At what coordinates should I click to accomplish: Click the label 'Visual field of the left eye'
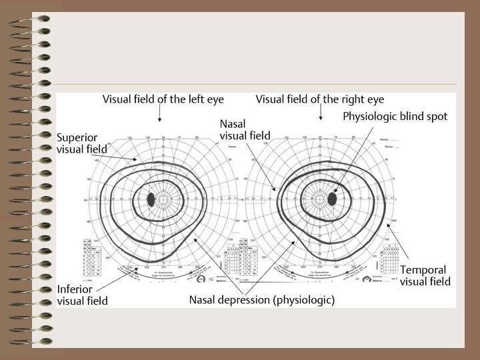(163, 99)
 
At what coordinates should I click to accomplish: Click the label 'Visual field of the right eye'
(319, 99)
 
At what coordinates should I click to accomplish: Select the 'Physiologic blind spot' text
(395, 116)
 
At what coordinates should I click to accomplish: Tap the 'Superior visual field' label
(82, 143)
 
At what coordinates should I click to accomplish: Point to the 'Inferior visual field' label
(82, 295)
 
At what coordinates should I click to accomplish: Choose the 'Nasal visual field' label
(245, 130)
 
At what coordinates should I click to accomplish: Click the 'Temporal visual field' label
(425, 276)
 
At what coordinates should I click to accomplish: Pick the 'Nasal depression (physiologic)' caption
(261, 300)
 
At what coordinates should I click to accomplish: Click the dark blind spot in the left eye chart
(151, 199)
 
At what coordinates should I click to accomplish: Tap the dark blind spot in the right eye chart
(333, 199)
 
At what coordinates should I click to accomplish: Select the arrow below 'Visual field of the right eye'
(321, 116)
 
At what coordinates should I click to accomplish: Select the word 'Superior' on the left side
(78, 137)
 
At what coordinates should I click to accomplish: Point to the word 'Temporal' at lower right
(423, 270)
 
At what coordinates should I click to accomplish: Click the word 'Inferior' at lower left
(74, 289)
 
